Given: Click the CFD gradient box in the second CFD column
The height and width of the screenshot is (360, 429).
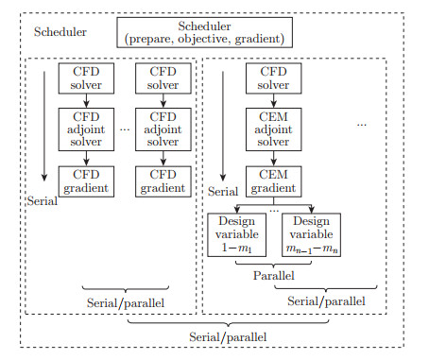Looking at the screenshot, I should coord(160,180).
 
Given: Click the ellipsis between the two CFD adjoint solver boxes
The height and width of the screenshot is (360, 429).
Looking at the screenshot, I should coord(122,128).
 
